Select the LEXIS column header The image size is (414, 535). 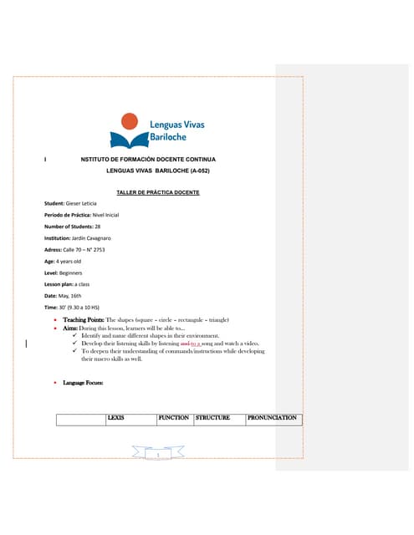[115, 416]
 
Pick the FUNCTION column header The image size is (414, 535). [174, 416]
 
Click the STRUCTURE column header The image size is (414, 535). [212, 416]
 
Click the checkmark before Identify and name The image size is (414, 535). [74, 335]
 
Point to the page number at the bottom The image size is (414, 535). [158, 454]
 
